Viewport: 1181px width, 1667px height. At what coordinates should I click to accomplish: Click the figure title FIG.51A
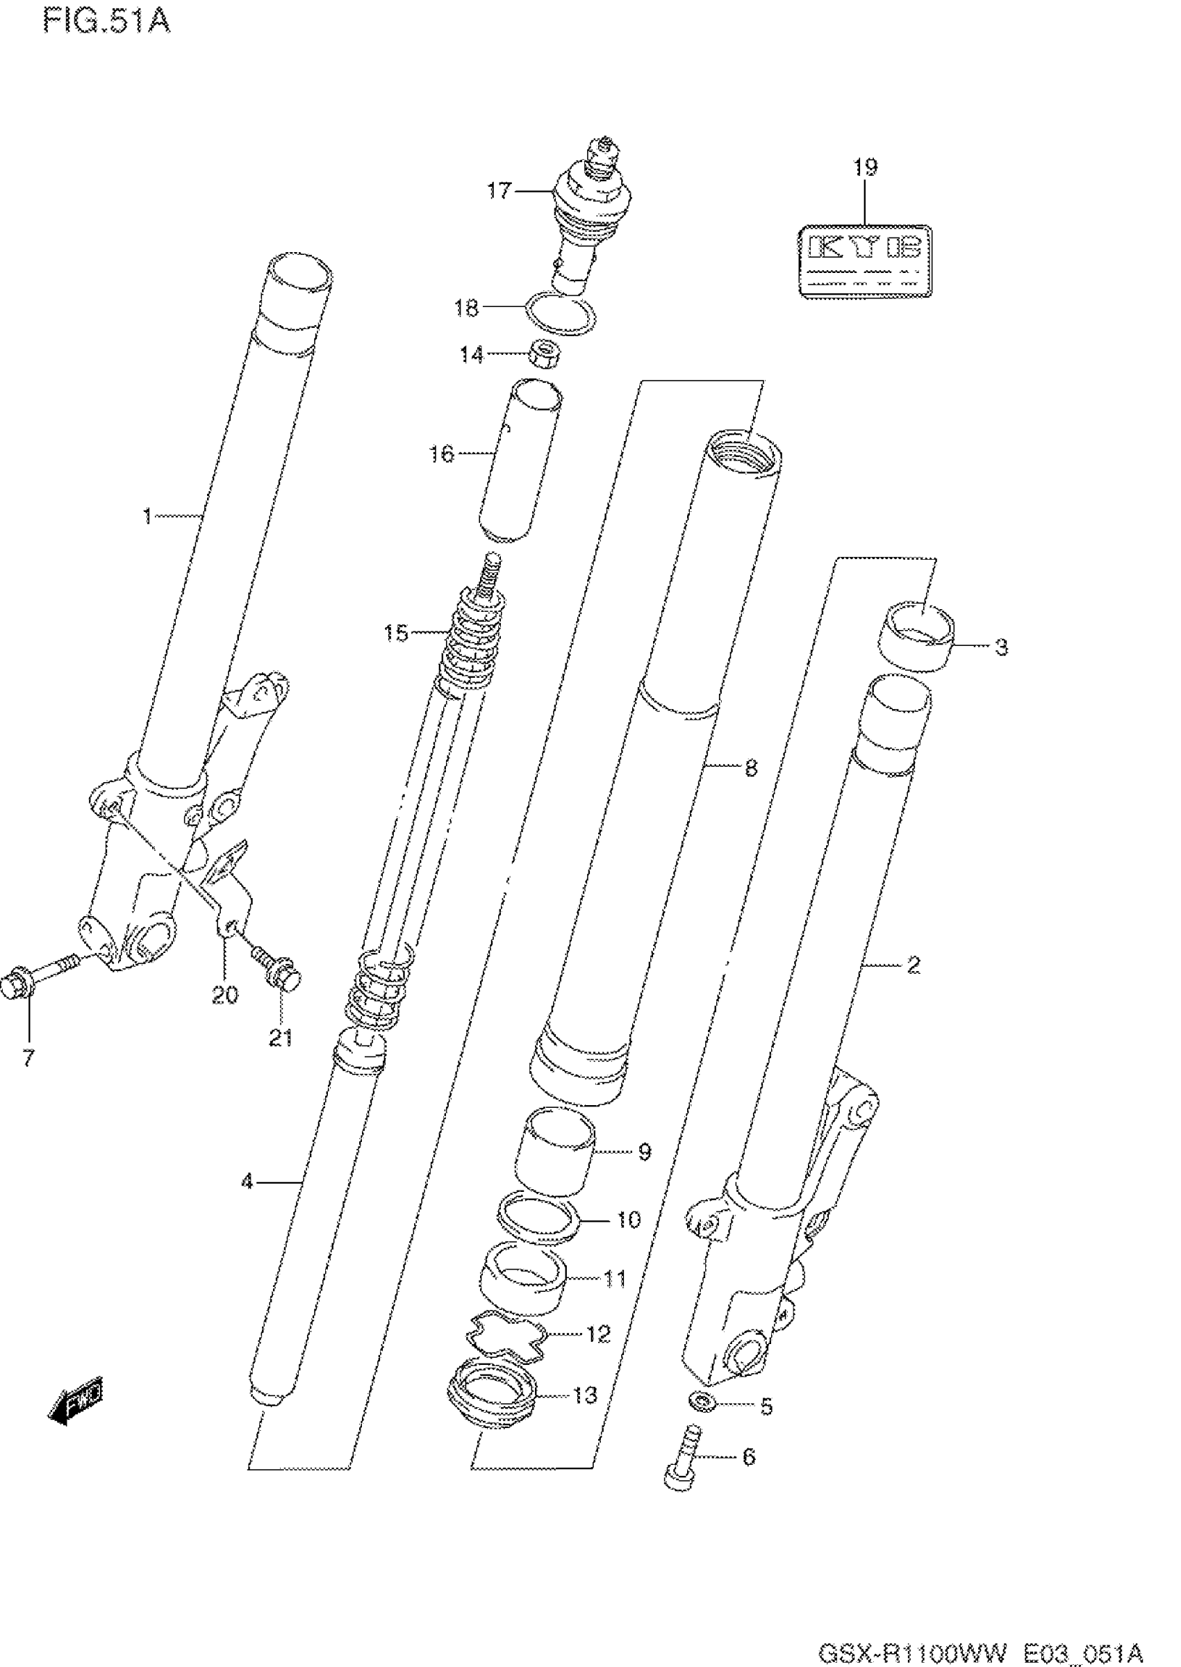(x=106, y=19)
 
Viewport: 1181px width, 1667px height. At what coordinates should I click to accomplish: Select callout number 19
(x=865, y=167)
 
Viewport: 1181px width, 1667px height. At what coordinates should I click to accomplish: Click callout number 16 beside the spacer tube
(x=441, y=454)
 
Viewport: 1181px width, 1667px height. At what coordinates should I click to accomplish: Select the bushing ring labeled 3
(x=918, y=637)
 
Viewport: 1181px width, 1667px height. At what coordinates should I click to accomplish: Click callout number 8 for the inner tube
(x=750, y=768)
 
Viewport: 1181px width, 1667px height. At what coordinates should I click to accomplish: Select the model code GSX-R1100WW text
(x=913, y=1650)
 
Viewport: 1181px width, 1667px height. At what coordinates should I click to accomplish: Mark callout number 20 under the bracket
(x=224, y=994)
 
